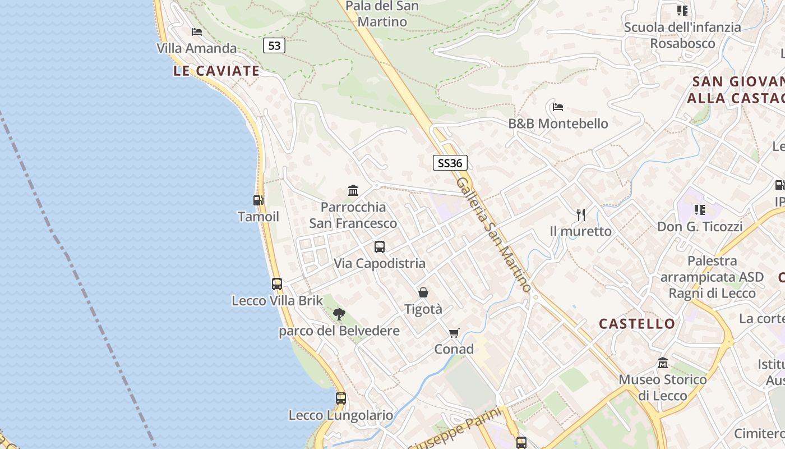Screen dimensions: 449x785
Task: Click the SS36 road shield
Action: pyautogui.click(x=450, y=163)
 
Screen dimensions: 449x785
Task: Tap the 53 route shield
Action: pyautogui.click(x=274, y=45)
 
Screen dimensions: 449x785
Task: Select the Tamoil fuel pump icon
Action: pyautogui.click(x=258, y=200)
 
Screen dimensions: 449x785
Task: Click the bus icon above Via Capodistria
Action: pyautogui.click(x=380, y=247)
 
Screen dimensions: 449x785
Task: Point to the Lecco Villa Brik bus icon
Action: pyautogui.click(x=277, y=284)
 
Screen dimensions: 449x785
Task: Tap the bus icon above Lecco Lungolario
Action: pyautogui.click(x=341, y=398)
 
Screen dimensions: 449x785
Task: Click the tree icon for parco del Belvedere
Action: pyautogui.click(x=339, y=314)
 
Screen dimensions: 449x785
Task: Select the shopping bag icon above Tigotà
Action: pyautogui.click(x=423, y=292)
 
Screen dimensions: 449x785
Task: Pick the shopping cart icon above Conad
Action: pyautogui.click(x=454, y=333)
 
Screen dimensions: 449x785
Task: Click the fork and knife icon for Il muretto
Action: pyautogui.click(x=581, y=214)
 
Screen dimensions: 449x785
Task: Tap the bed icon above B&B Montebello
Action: pyautogui.click(x=557, y=107)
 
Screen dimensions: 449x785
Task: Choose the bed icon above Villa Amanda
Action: pyautogui.click(x=196, y=32)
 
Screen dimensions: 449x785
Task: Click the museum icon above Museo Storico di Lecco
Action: pyautogui.click(x=663, y=363)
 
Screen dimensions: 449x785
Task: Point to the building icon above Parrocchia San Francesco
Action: pyautogui.click(x=353, y=191)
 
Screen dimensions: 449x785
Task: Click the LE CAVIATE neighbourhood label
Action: pyautogui.click(x=216, y=71)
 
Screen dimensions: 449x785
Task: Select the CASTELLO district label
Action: pyautogui.click(x=637, y=324)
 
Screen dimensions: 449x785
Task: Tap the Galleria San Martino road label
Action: pyautogui.click(x=493, y=235)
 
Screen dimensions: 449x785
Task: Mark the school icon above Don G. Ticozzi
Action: pyautogui.click(x=699, y=210)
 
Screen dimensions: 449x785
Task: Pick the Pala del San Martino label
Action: pyautogui.click(x=382, y=14)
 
